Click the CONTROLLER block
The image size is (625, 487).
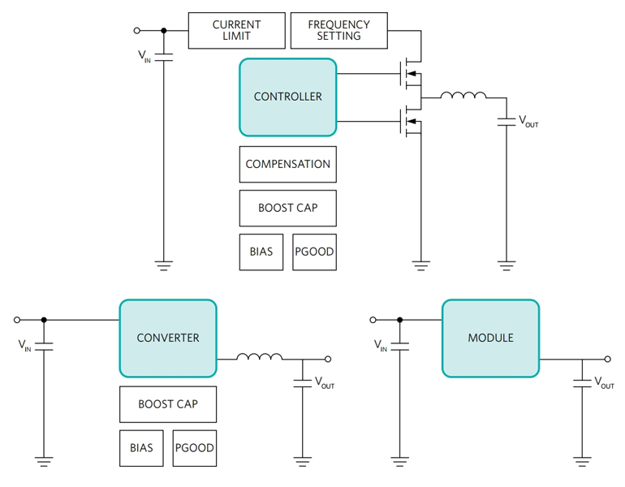[x=287, y=97]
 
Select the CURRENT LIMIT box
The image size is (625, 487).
[x=236, y=30]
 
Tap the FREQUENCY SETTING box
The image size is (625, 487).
[x=338, y=30]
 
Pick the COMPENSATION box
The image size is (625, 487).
[x=287, y=164]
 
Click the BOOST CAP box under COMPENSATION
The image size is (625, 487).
[x=287, y=208]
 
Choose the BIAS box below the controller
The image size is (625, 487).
[x=261, y=252]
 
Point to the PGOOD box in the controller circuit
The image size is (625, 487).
[x=314, y=252]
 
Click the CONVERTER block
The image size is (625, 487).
[x=167, y=338]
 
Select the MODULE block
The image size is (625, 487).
[x=490, y=338]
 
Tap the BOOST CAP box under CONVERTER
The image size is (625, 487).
[x=167, y=404]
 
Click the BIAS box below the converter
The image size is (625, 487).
[x=141, y=448]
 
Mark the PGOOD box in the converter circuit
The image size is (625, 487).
[x=195, y=448]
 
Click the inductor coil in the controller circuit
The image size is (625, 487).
[x=463, y=96]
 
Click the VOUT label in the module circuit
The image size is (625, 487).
[x=604, y=382]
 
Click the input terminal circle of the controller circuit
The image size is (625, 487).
[x=136, y=31]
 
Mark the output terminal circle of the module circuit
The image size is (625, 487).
[x=608, y=359]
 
